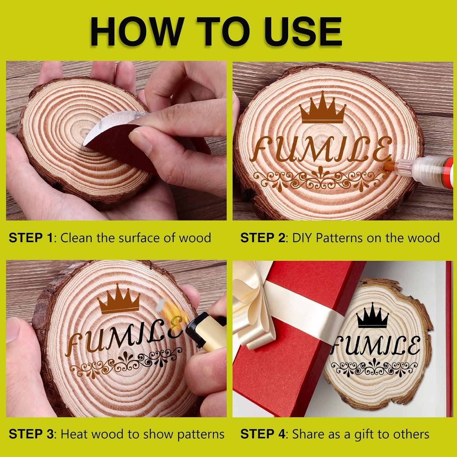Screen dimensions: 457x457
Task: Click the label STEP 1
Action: tap(31, 238)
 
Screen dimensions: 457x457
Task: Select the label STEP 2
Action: tap(263, 238)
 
